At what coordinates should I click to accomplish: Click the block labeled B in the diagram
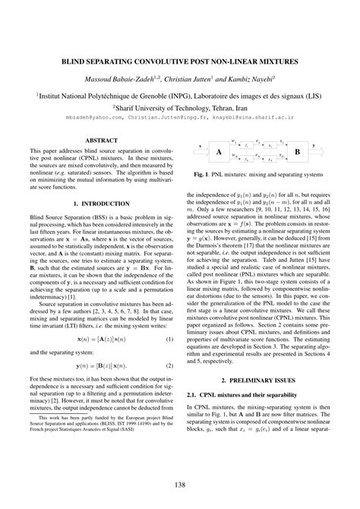[x=298, y=152]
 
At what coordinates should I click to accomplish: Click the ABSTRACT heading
[x=100, y=141]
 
